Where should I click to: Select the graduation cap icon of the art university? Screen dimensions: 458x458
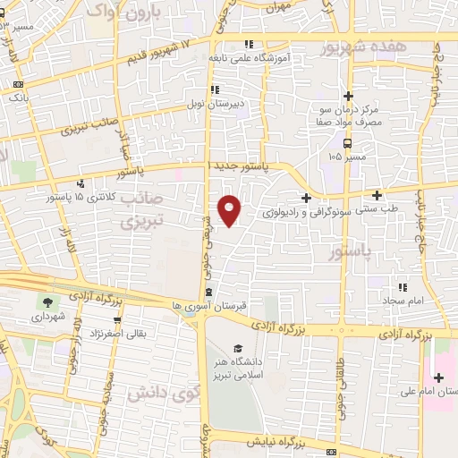click(238, 349)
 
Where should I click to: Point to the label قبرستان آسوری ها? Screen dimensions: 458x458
click(213, 306)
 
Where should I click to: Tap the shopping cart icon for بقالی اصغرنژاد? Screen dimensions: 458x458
click(117, 319)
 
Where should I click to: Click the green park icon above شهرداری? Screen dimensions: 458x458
click(47, 301)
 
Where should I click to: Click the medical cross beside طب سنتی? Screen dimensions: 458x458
click(377, 195)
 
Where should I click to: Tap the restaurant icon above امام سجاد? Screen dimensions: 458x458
click(403, 287)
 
